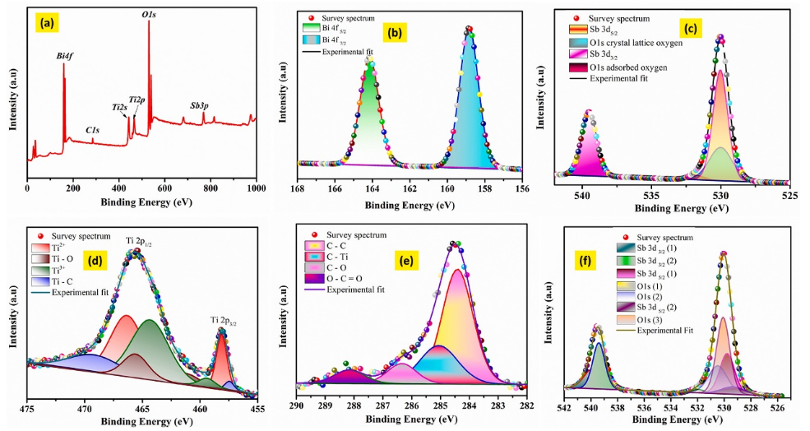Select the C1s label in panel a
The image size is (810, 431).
pyautogui.click(x=93, y=130)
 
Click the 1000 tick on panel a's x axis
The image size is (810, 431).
pyautogui.click(x=257, y=189)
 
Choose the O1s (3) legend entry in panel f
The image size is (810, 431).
pyautogui.click(x=655, y=319)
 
